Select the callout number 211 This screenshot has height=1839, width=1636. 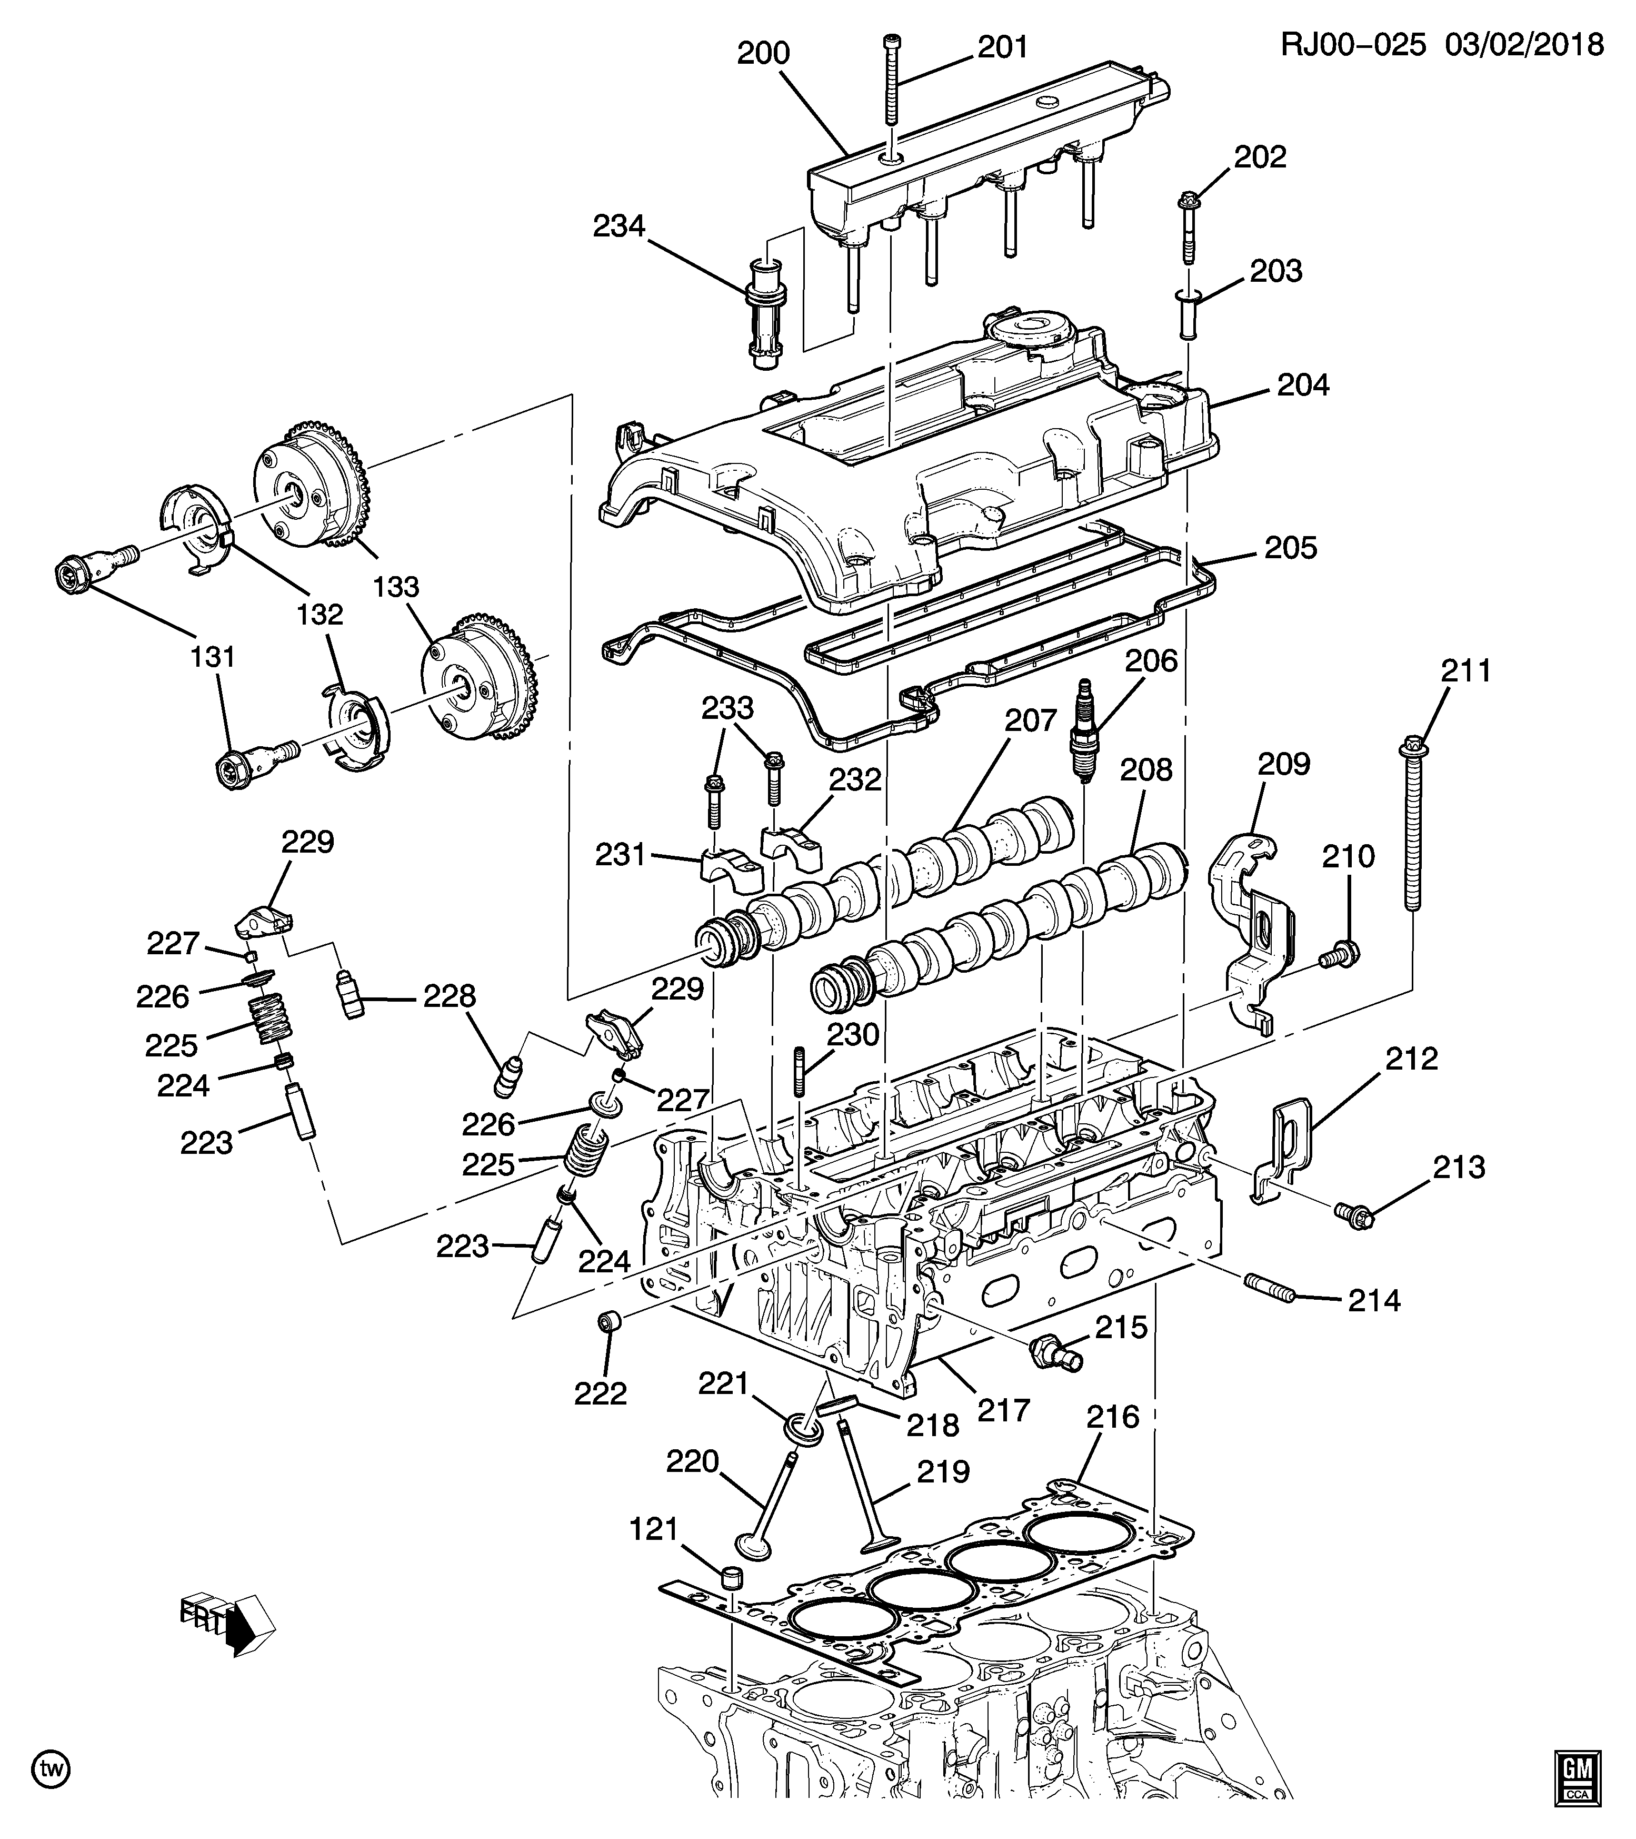tap(1466, 670)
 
